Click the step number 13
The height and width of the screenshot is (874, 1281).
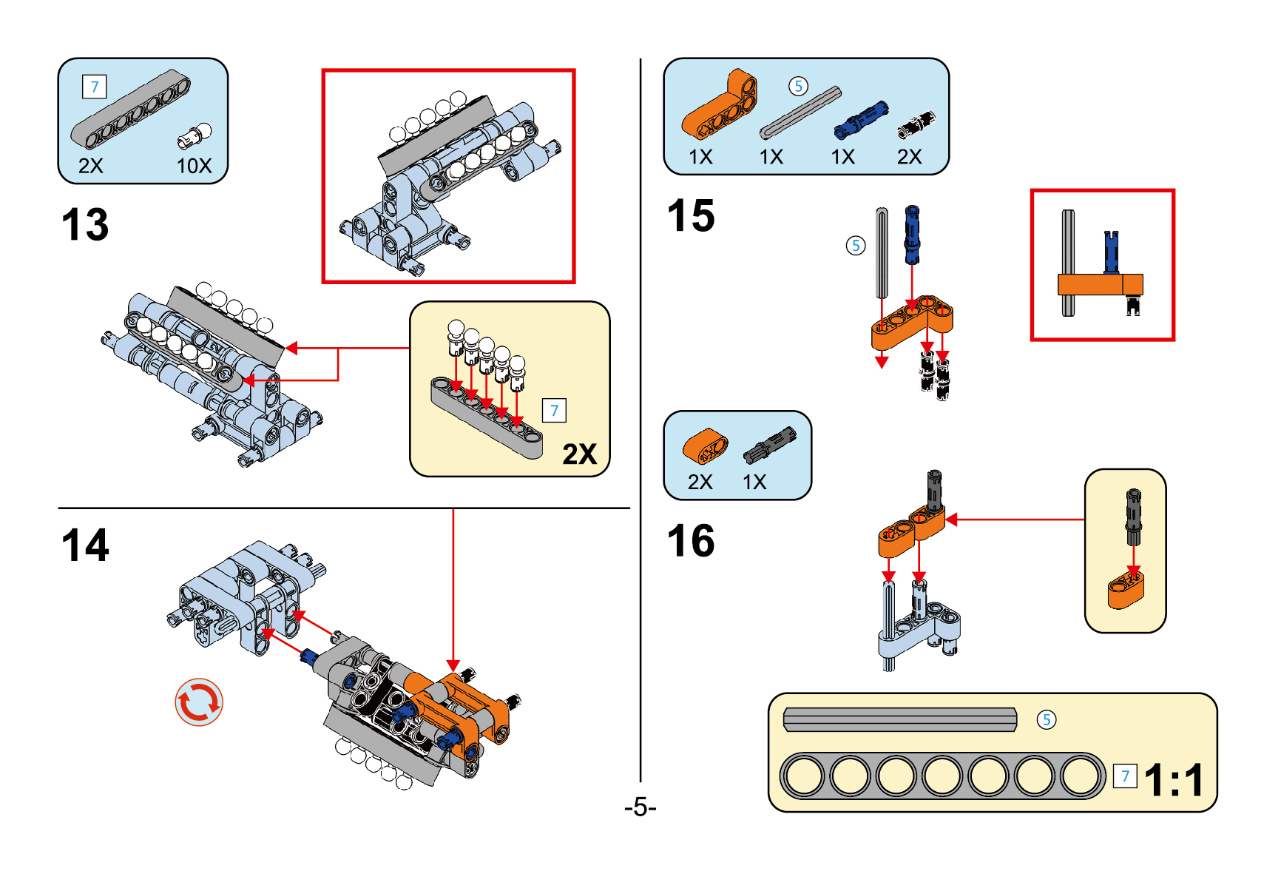[85, 224]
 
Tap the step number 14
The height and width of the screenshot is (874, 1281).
[85, 545]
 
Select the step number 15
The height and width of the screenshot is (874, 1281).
[691, 216]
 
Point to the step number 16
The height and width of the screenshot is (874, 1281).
[691, 541]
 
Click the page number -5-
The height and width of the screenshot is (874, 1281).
[640, 807]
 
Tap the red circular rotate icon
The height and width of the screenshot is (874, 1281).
[198, 702]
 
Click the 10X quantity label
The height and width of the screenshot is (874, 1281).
[194, 166]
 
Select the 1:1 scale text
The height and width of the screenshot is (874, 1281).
[1174, 780]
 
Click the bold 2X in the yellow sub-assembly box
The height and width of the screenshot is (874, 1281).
[579, 454]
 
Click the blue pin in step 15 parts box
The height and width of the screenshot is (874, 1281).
[861, 120]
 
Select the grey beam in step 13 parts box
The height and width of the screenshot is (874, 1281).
[131, 110]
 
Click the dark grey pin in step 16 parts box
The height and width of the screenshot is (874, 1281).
[770, 446]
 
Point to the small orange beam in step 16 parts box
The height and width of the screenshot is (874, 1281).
[705, 446]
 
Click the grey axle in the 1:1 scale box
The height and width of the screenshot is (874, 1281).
[899, 719]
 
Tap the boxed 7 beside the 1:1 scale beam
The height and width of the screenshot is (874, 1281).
[1125, 776]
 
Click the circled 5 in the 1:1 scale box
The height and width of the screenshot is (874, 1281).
[1046, 719]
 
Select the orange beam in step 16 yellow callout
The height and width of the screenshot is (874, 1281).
[1125, 589]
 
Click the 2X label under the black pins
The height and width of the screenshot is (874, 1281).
[909, 157]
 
